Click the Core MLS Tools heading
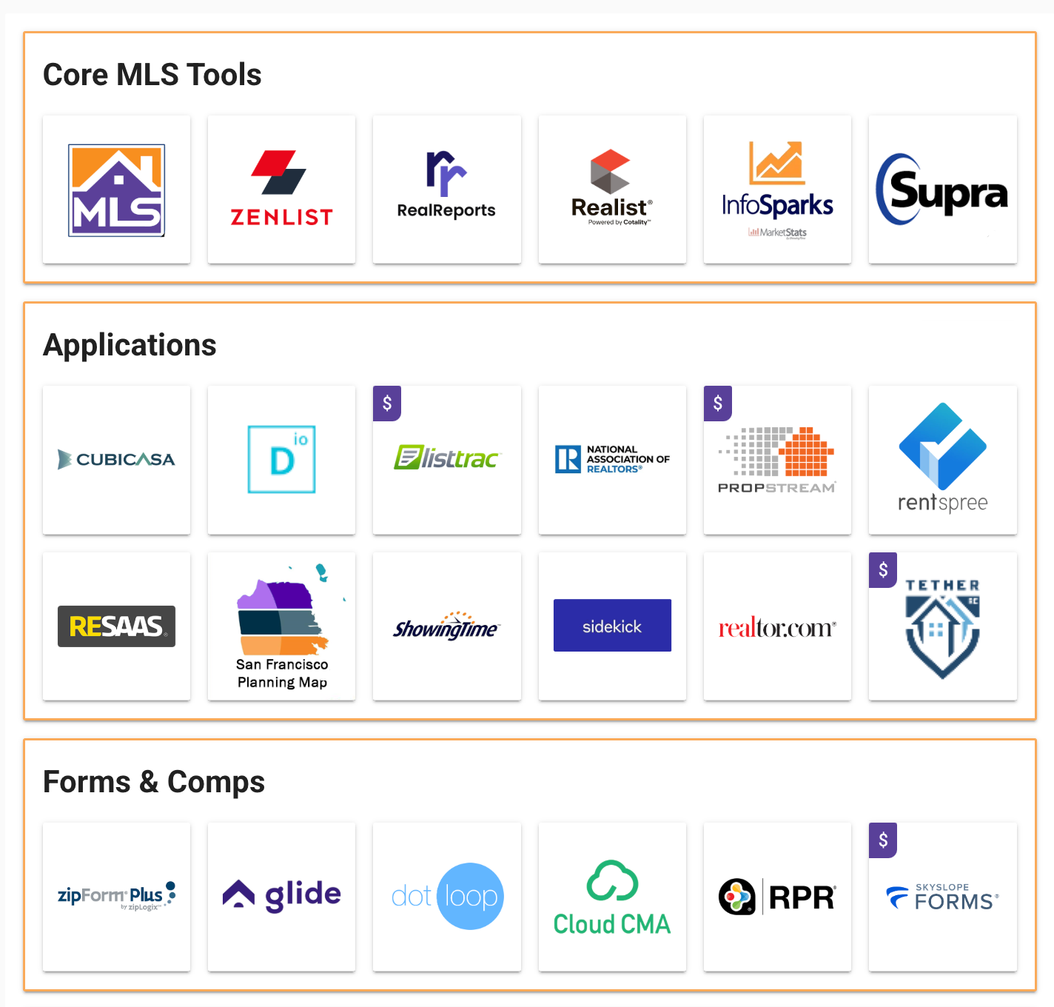tap(152, 75)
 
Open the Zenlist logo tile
tap(281, 189)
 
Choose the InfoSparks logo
tap(777, 189)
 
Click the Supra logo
tap(942, 190)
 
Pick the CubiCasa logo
tap(117, 460)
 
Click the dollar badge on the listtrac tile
tap(387, 404)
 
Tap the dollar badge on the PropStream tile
tap(717, 404)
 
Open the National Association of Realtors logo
tap(612, 460)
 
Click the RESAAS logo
tap(117, 626)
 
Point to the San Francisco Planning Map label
tap(282, 673)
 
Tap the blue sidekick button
tap(612, 626)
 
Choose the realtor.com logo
tap(777, 628)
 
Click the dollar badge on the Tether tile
tap(883, 570)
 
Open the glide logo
tap(281, 895)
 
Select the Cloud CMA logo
tap(612, 898)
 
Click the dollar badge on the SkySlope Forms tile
tap(883, 840)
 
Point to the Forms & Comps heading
tap(154, 782)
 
